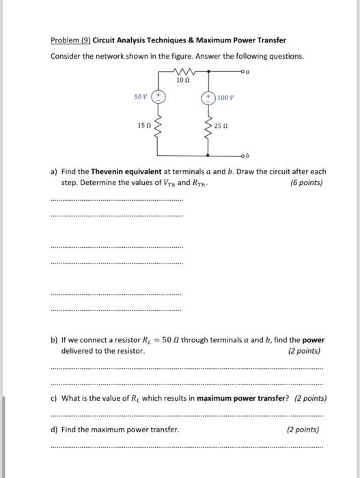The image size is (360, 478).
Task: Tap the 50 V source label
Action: (141, 98)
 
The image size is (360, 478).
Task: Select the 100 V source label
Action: (227, 98)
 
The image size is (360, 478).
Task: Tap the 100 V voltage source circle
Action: (207, 98)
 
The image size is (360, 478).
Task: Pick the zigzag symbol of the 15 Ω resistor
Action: (158, 125)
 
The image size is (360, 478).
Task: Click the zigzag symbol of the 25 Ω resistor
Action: (207, 126)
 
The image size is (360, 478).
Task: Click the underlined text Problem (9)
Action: (70, 40)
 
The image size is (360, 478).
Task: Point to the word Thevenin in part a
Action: (110, 172)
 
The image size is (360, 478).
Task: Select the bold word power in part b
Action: (314, 339)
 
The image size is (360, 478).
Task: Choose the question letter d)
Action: (55, 430)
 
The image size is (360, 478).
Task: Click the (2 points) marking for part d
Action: (303, 430)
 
